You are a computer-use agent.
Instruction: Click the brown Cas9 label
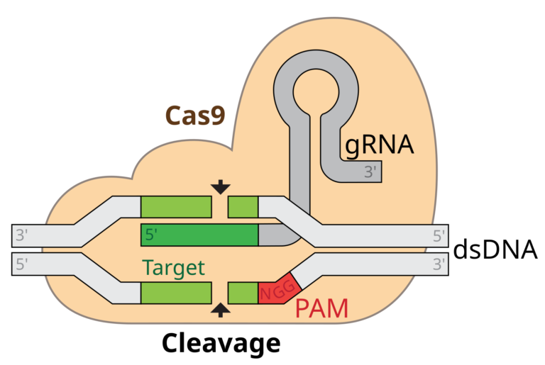point(194,116)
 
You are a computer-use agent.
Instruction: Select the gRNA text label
point(379,145)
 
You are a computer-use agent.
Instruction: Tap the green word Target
point(173,268)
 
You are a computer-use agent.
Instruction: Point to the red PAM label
point(321,309)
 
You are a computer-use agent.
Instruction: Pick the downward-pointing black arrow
point(221,186)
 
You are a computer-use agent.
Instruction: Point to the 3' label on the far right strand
point(439,265)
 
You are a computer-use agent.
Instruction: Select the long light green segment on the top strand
point(176,207)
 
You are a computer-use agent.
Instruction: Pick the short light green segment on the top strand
point(243,207)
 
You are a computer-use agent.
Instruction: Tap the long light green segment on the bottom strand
point(176,293)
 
